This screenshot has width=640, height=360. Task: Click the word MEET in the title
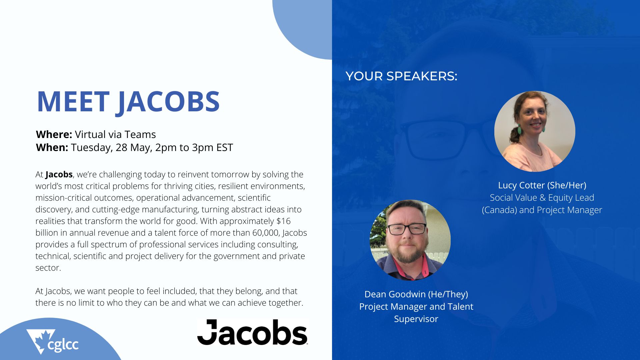(x=73, y=101)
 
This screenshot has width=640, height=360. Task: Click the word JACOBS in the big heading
(x=168, y=101)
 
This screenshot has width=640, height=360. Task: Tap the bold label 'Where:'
(x=54, y=134)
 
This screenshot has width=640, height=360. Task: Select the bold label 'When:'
(x=52, y=147)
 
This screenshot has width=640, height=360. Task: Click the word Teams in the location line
(x=140, y=134)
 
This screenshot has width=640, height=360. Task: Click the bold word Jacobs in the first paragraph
(x=59, y=174)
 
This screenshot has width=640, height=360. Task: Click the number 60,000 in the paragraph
(x=265, y=233)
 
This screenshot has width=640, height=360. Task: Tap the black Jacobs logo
(x=252, y=332)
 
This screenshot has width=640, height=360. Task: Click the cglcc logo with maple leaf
(x=52, y=342)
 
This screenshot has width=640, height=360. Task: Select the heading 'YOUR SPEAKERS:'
(x=401, y=76)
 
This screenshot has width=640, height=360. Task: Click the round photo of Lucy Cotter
(x=535, y=131)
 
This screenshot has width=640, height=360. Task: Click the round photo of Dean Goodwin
(x=410, y=240)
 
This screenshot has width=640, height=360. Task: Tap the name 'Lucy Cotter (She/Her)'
(x=542, y=185)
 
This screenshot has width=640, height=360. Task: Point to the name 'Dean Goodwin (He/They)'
(x=416, y=294)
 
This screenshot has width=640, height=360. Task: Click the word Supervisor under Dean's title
(x=416, y=319)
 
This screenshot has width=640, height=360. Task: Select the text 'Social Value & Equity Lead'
(x=542, y=198)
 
